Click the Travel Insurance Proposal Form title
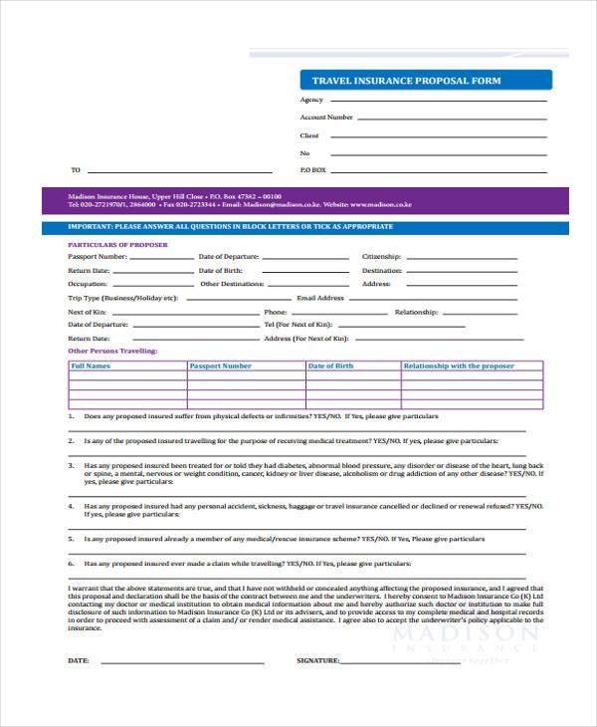click(406, 81)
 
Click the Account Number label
click(326, 118)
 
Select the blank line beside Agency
click(438, 100)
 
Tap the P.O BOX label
click(312, 170)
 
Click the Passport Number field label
click(98, 256)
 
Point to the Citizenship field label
click(381, 256)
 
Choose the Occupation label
click(88, 284)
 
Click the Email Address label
click(320, 298)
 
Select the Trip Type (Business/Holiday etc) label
click(122, 298)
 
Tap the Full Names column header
click(91, 366)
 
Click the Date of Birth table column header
click(330, 366)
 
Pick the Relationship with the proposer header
click(459, 366)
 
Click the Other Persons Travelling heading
click(111, 352)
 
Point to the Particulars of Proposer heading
click(117, 244)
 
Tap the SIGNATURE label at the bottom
click(318, 660)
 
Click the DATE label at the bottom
click(79, 660)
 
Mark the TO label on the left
click(76, 170)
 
